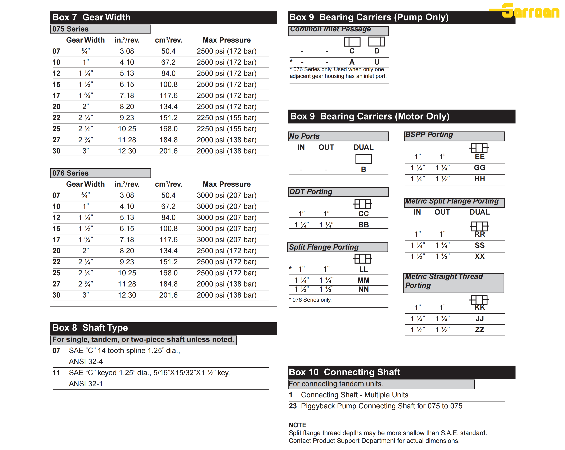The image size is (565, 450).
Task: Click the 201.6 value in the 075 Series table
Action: [168, 151]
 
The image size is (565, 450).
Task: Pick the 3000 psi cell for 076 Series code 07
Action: [226, 195]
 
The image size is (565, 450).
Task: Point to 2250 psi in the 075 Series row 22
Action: [226, 118]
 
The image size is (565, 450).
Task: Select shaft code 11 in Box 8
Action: [56, 373]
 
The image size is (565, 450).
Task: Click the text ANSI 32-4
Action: [86, 362]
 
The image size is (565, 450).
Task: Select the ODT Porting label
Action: [311, 192]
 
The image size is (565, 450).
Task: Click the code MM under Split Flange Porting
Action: [364, 280]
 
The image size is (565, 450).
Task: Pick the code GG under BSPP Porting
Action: [479, 168]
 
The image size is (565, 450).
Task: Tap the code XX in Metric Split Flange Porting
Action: [479, 257]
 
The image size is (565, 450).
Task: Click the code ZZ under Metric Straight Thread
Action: [479, 330]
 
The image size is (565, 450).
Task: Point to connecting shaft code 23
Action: [293, 406]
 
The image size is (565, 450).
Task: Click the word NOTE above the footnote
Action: [297, 425]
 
